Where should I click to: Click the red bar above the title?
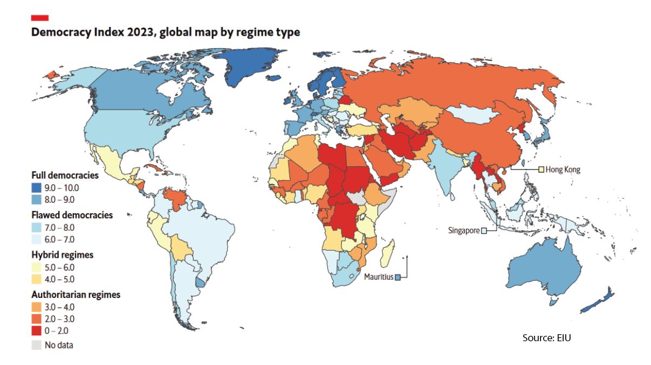point(40,18)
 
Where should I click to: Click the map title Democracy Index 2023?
point(165,32)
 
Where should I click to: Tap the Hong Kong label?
point(563,170)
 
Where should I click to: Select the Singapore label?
point(464,231)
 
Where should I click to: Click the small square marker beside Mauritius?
point(398,277)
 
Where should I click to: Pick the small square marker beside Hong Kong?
point(540,170)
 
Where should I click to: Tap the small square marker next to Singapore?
point(484,231)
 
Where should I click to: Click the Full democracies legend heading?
point(65,175)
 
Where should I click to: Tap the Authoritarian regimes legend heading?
point(76,295)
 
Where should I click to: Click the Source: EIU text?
point(546,338)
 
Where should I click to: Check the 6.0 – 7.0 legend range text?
point(62,239)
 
